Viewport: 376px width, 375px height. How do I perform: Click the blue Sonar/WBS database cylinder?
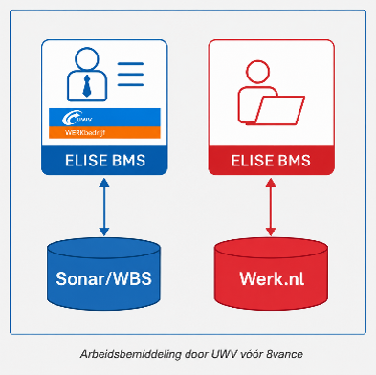pyautogui.click(x=103, y=274)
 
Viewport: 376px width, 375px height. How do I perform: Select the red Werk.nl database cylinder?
pyautogui.click(x=271, y=274)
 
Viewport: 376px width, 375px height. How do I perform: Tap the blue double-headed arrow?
pyautogui.click(x=104, y=208)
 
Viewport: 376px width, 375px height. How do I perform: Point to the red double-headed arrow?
pyautogui.click(x=271, y=208)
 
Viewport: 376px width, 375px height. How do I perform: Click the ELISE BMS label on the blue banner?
pyautogui.click(x=105, y=161)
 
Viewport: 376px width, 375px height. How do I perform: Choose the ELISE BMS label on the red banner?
pyautogui.click(x=271, y=161)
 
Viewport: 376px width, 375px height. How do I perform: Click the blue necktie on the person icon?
pyautogui.click(x=87, y=86)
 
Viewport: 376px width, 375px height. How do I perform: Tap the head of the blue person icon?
pyautogui.click(x=87, y=59)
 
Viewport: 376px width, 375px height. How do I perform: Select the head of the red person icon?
pyautogui.click(x=258, y=73)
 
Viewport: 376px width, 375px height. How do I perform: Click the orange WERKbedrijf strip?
pyautogui.click(x=104, y=132)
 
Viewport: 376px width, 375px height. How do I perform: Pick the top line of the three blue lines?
pyautogui.click(x=130, y=64)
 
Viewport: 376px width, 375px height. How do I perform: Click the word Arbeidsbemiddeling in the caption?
pyautogui.click(x=130, y=354)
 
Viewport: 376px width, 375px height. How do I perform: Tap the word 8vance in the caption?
pyautogui.click(x=285, y=354)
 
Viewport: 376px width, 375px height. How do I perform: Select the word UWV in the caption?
pyautogui.click(x=221, y=354)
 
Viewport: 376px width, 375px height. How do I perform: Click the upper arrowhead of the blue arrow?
pyautogui.click(x=104, y=183)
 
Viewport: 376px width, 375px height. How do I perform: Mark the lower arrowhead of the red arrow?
pyautogui.click(x=271, y=232)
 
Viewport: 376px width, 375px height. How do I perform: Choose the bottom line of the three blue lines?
pyautogui.click(x=130, y=85)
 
